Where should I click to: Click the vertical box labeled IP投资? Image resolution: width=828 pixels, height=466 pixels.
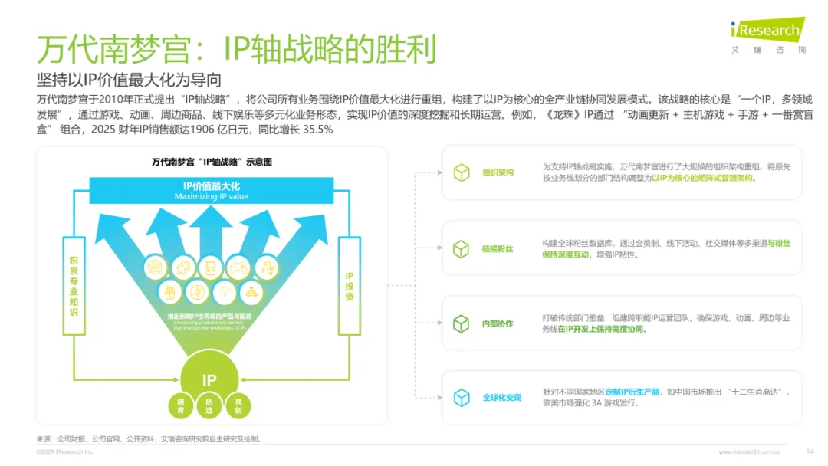349,286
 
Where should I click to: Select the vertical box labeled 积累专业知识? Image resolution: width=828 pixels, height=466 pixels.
74,286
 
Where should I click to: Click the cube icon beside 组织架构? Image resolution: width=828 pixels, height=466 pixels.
461,172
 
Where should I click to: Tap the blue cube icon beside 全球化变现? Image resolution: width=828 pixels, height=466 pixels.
461,398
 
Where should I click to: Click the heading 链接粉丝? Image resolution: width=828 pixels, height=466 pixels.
498,248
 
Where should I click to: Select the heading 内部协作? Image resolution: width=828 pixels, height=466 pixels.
498,323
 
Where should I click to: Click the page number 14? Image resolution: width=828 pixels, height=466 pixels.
810,451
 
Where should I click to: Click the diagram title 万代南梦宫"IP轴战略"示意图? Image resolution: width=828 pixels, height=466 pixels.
212,162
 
